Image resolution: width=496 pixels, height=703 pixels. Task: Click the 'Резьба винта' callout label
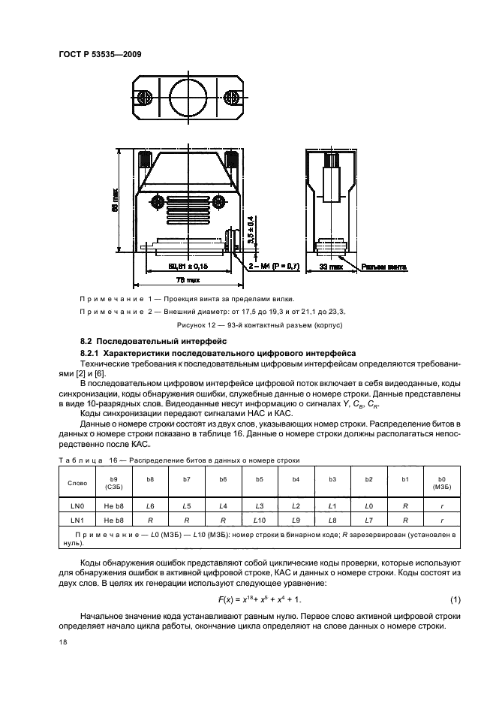click(x=386, y=266)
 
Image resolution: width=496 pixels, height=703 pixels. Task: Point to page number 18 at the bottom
click(x=62, y=642)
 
